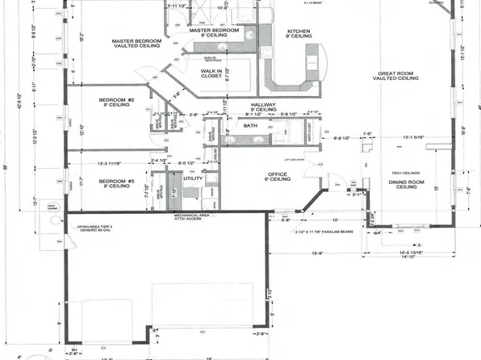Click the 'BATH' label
tap(250, 126)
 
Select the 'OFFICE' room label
tap(278, 175)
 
